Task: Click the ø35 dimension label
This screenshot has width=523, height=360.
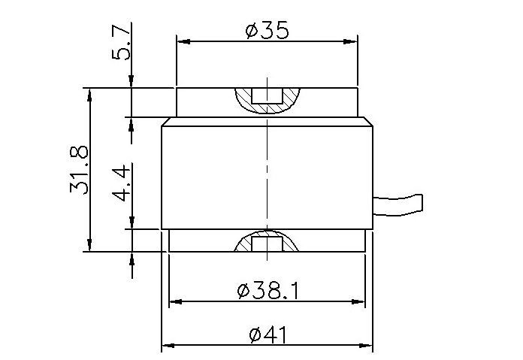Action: point(267,31)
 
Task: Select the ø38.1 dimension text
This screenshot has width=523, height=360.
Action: point(267,290)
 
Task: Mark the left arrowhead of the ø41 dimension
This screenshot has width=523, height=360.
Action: point(168,346)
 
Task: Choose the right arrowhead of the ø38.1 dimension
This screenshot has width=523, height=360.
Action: point(361,302)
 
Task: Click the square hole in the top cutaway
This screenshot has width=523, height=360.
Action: point(267,96)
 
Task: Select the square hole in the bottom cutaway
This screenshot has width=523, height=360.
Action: point(267,244)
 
